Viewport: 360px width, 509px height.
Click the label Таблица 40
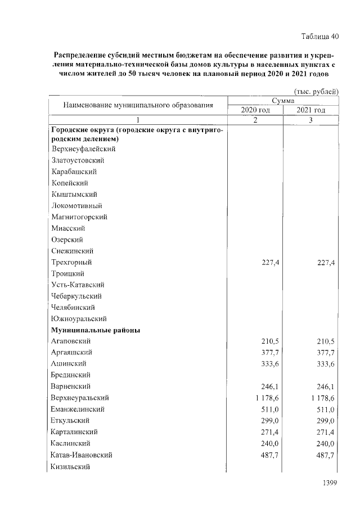317,37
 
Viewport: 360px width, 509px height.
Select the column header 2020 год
255,110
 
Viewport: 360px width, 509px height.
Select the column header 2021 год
311,110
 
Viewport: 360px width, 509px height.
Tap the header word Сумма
283,101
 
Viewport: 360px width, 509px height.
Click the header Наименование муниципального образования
138,105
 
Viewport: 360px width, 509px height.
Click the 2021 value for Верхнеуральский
321,398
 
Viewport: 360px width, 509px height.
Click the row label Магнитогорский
79,217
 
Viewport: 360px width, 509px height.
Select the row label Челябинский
73,308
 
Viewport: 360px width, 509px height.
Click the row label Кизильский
70,466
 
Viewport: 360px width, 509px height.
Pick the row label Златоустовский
78,160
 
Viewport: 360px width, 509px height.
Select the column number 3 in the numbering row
310,120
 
